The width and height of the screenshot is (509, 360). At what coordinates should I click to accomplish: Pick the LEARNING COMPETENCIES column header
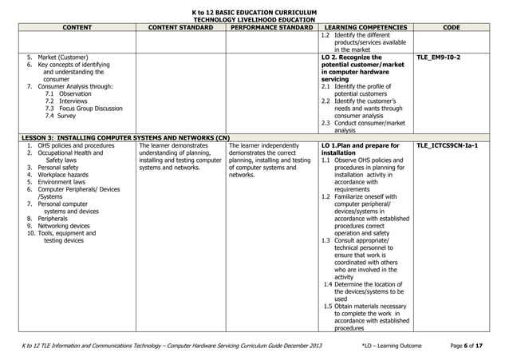pos(364,28)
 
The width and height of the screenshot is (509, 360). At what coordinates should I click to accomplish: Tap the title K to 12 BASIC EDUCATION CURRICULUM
pos(254,12)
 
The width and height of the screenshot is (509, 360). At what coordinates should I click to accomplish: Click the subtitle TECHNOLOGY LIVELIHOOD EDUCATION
pos(254,19)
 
